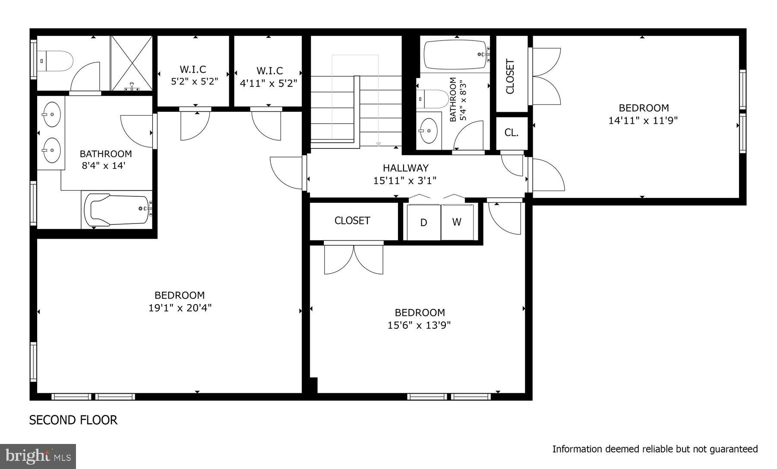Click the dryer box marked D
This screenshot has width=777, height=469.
[423, 222]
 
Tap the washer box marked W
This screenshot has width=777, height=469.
[457, 222]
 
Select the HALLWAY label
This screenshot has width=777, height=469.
[405, 168]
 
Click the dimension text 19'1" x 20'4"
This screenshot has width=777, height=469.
[180, 308]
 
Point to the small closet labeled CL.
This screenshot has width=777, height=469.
[512, 132]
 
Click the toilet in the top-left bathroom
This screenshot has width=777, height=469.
[56, 61]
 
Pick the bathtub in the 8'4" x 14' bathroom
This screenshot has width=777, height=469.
[117, 209]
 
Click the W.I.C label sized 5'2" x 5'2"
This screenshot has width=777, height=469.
[193, 69]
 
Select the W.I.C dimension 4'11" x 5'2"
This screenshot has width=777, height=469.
[268, 83]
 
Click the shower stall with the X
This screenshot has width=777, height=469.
[132, 63]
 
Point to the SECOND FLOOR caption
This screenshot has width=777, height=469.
[73, 420]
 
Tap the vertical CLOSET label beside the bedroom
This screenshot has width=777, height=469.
[510, 77]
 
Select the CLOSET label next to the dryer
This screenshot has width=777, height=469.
[352, 220]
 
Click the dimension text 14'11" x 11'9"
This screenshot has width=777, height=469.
[643, 121]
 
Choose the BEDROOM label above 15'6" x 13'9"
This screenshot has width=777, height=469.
[420, 312]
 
